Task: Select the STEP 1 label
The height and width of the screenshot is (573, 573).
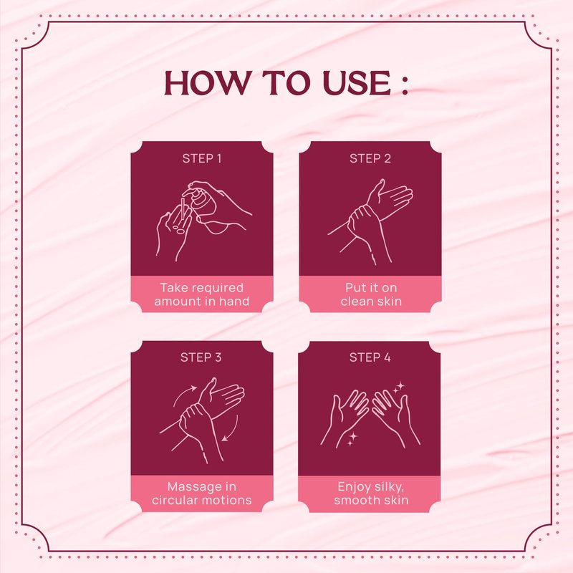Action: [202, 158]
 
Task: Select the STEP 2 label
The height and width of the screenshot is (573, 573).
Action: [370, 158]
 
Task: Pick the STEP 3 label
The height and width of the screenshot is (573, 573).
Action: [201, 357]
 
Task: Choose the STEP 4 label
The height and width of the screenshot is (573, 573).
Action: [370, 357]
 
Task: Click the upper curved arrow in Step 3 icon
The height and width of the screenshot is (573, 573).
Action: [184, 395]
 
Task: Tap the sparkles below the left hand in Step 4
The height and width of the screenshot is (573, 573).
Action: [352, 438]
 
